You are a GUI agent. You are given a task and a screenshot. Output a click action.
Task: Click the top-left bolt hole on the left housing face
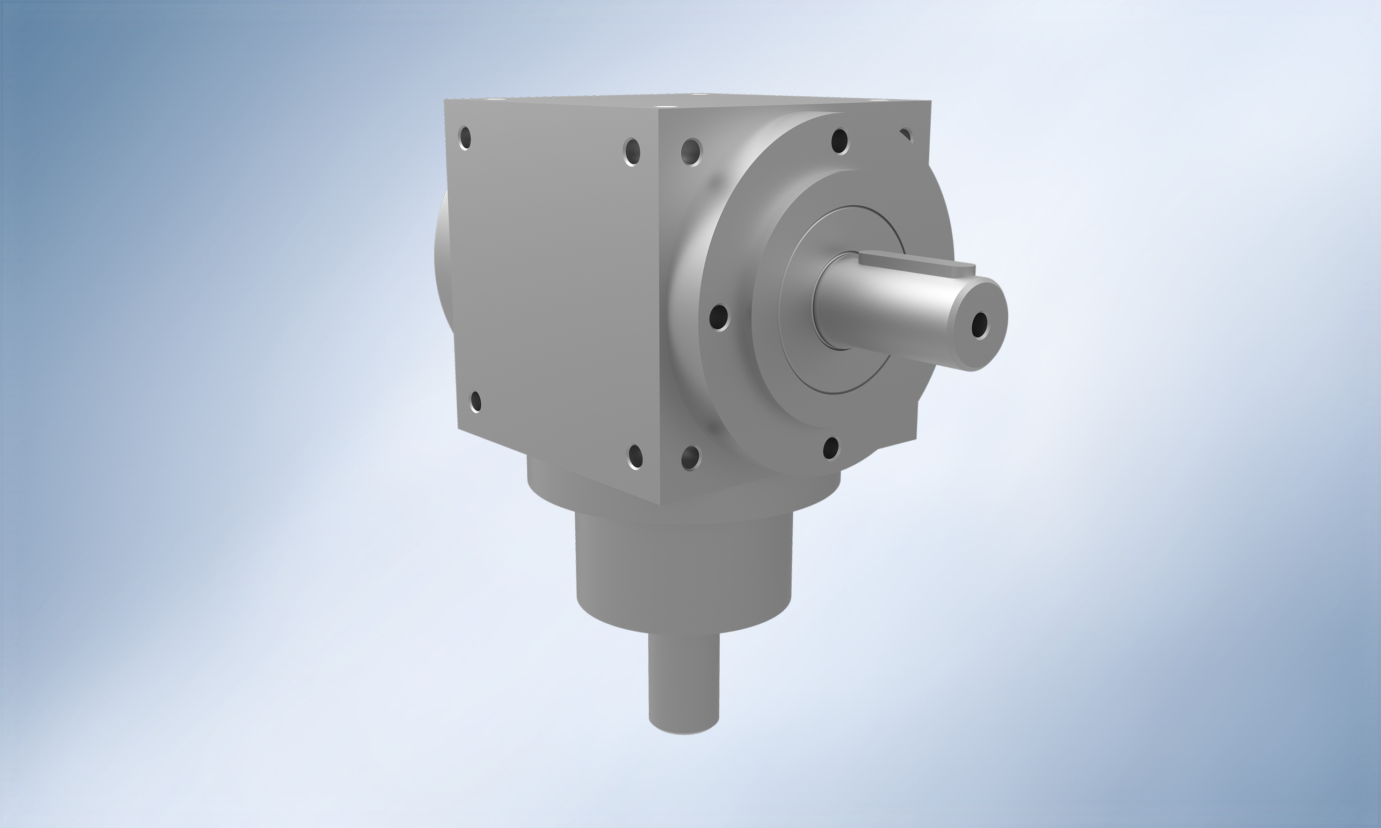[x=464, y=138]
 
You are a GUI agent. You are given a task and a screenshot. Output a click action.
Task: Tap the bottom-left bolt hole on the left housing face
[x=476, y=401]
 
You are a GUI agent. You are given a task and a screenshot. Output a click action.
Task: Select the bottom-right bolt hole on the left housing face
[x=636, y=456]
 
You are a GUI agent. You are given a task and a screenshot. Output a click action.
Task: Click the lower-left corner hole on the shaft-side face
[x=690, y=458]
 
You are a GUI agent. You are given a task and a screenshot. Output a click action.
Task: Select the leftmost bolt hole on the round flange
[x=719, y=317]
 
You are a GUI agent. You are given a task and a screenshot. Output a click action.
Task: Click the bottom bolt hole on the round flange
[x=831, y=447]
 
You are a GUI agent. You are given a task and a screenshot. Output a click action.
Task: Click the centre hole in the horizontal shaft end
[x=979, y=325]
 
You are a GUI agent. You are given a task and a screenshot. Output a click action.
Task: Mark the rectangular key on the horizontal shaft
[x=915, y=263]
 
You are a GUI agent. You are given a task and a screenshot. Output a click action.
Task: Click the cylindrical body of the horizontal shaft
[x=887, y=312]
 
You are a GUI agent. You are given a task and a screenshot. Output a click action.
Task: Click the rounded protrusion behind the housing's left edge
[x=441, y=262]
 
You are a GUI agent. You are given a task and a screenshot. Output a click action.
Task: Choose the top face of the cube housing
[x=687, y=101]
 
